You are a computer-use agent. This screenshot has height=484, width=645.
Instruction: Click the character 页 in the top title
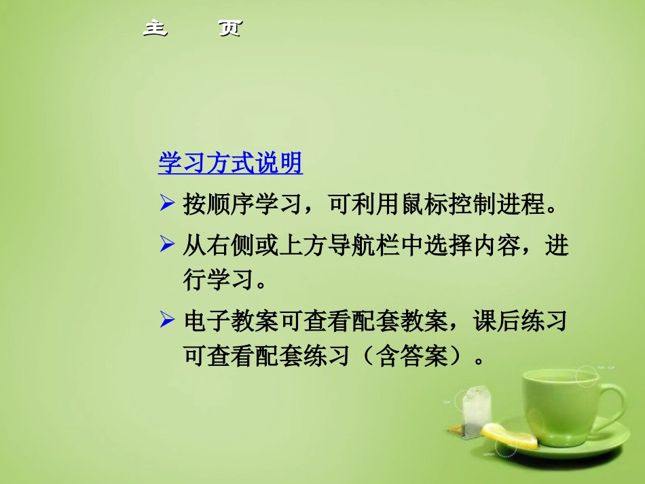229,29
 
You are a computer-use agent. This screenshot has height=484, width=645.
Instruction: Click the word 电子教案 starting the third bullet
231,320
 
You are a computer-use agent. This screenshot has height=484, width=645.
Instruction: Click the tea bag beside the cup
475,407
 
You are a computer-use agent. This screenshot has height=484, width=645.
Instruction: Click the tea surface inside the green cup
560,381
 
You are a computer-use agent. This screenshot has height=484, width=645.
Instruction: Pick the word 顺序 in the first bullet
232,204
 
